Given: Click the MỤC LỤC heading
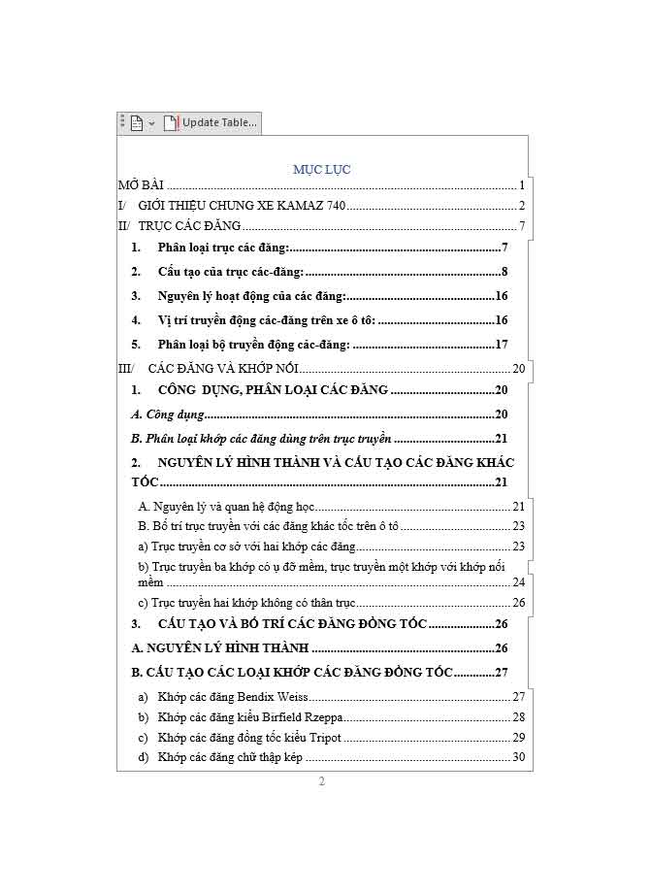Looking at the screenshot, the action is coord(321,169).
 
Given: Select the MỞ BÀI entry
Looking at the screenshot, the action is coord(141,184).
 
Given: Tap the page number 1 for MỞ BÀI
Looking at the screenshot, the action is coord(521,184).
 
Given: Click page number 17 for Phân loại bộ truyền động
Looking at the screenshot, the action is coord(502,345).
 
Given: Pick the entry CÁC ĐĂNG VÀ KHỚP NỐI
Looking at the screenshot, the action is coord(223,369).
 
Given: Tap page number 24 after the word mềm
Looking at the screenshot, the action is coord(518,582).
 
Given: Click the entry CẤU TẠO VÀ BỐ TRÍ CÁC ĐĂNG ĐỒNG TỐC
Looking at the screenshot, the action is coord(291,624).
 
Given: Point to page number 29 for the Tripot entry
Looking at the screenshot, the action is coord(518,738).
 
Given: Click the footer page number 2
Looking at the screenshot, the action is coord(322,782).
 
